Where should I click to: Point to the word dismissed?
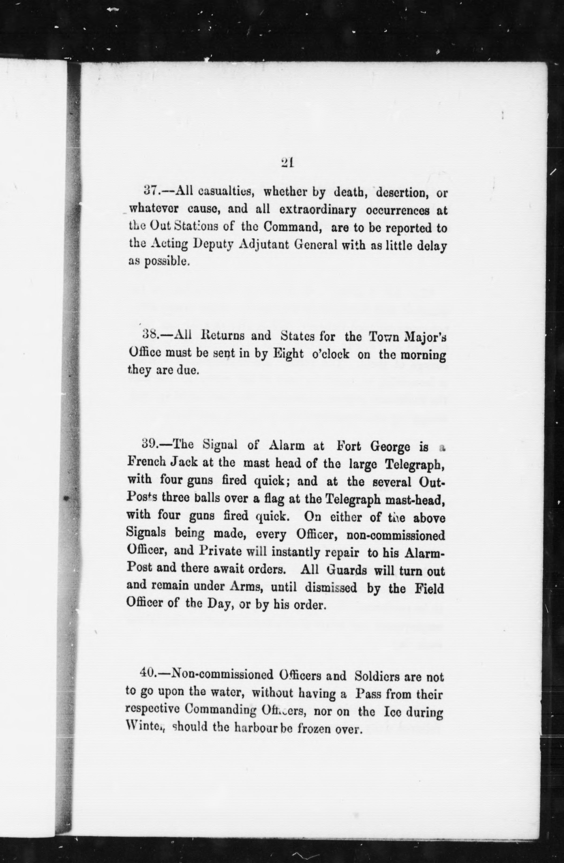(331, 587)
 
